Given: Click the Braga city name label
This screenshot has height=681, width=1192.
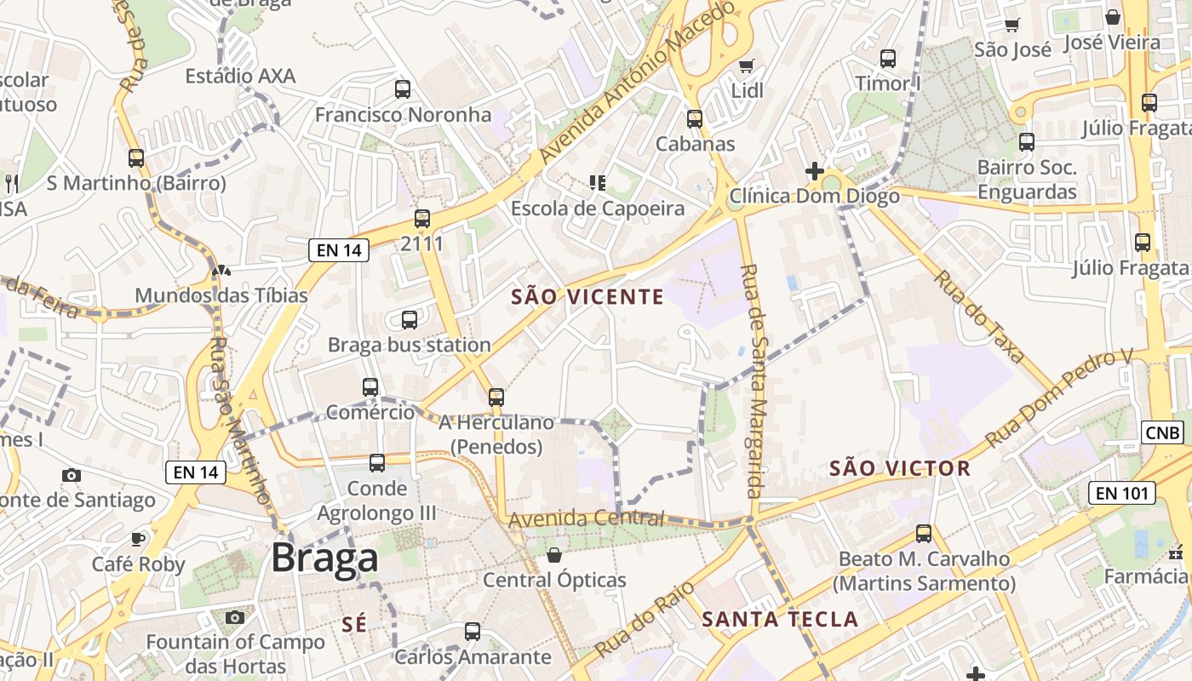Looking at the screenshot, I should coord(324,558).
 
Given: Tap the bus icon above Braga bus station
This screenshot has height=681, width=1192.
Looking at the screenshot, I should coord(410,320).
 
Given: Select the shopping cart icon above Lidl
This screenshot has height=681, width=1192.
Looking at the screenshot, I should coord(747,66).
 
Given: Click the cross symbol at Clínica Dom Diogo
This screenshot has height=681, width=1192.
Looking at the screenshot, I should coord(814,170).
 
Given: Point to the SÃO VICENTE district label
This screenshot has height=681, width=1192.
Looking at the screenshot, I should coord(587,297).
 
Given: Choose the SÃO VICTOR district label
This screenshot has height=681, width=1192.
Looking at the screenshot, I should coord(899,468).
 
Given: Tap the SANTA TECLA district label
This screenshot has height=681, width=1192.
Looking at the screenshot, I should coord(780,620).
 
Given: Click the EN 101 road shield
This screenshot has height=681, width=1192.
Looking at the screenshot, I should coord(1121,492).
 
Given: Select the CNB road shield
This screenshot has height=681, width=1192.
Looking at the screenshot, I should coord(1163,432).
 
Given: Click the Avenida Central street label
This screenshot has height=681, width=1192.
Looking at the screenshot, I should coord(586,518).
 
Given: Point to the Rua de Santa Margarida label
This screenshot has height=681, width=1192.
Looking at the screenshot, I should coord(751,381).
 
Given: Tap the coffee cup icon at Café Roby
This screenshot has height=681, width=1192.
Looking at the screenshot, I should coord(138,539).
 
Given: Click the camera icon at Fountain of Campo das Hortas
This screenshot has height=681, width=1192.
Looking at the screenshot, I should coord(235,617).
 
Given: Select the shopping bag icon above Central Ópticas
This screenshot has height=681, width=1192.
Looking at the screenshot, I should coord(554,555).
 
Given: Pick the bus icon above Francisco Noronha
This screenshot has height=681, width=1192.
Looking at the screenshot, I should coord(403,89).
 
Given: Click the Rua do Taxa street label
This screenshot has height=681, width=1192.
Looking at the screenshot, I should coord(978,317).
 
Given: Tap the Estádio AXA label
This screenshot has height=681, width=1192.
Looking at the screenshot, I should coord(240,77).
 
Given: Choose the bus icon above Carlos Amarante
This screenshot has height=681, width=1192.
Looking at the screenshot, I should coord(473,632).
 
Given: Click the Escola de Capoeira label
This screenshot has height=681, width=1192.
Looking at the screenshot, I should coord(597,209).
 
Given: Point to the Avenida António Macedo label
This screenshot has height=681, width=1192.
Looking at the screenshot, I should coord(637,84).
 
